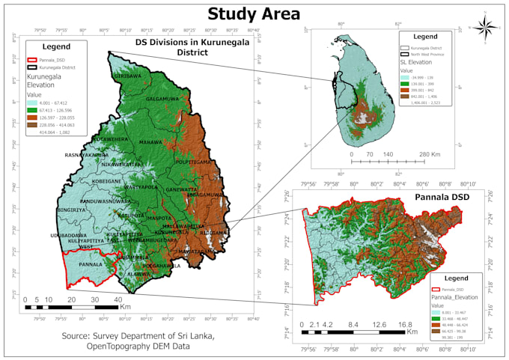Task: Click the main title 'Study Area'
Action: [x=254, y=13]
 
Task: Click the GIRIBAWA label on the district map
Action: [x=127, y=76]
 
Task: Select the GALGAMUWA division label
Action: [x=162, y=99]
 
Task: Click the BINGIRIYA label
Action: [x=71, y=210]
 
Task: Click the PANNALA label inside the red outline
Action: [x=91, y=264]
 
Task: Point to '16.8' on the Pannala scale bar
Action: [x=406, y=325]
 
